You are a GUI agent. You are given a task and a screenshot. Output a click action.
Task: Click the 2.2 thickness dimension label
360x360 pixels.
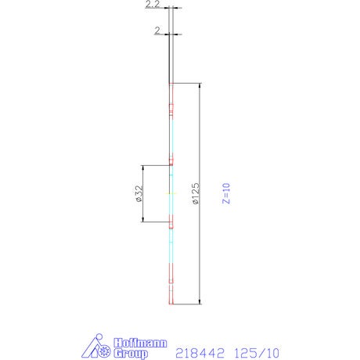[x=153, y=4]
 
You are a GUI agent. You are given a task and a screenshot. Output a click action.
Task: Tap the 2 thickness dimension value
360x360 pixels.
[x=157, y=31]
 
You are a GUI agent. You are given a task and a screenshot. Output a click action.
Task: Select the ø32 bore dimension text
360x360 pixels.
[x=139, y=193]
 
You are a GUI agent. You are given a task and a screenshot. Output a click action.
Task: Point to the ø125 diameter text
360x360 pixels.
[x=196, y=193]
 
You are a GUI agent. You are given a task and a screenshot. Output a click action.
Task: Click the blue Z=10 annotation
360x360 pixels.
[x=226, y=193]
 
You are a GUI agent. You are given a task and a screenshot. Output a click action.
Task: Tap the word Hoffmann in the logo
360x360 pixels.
[x=140, y=343]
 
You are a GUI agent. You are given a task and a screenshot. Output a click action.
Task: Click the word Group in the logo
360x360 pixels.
[x=131, y=354]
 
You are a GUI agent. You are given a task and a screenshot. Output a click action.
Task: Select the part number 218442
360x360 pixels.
[x=200, y=353]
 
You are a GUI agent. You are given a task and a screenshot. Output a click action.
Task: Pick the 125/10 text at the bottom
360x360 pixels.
[x=257, y=353]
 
